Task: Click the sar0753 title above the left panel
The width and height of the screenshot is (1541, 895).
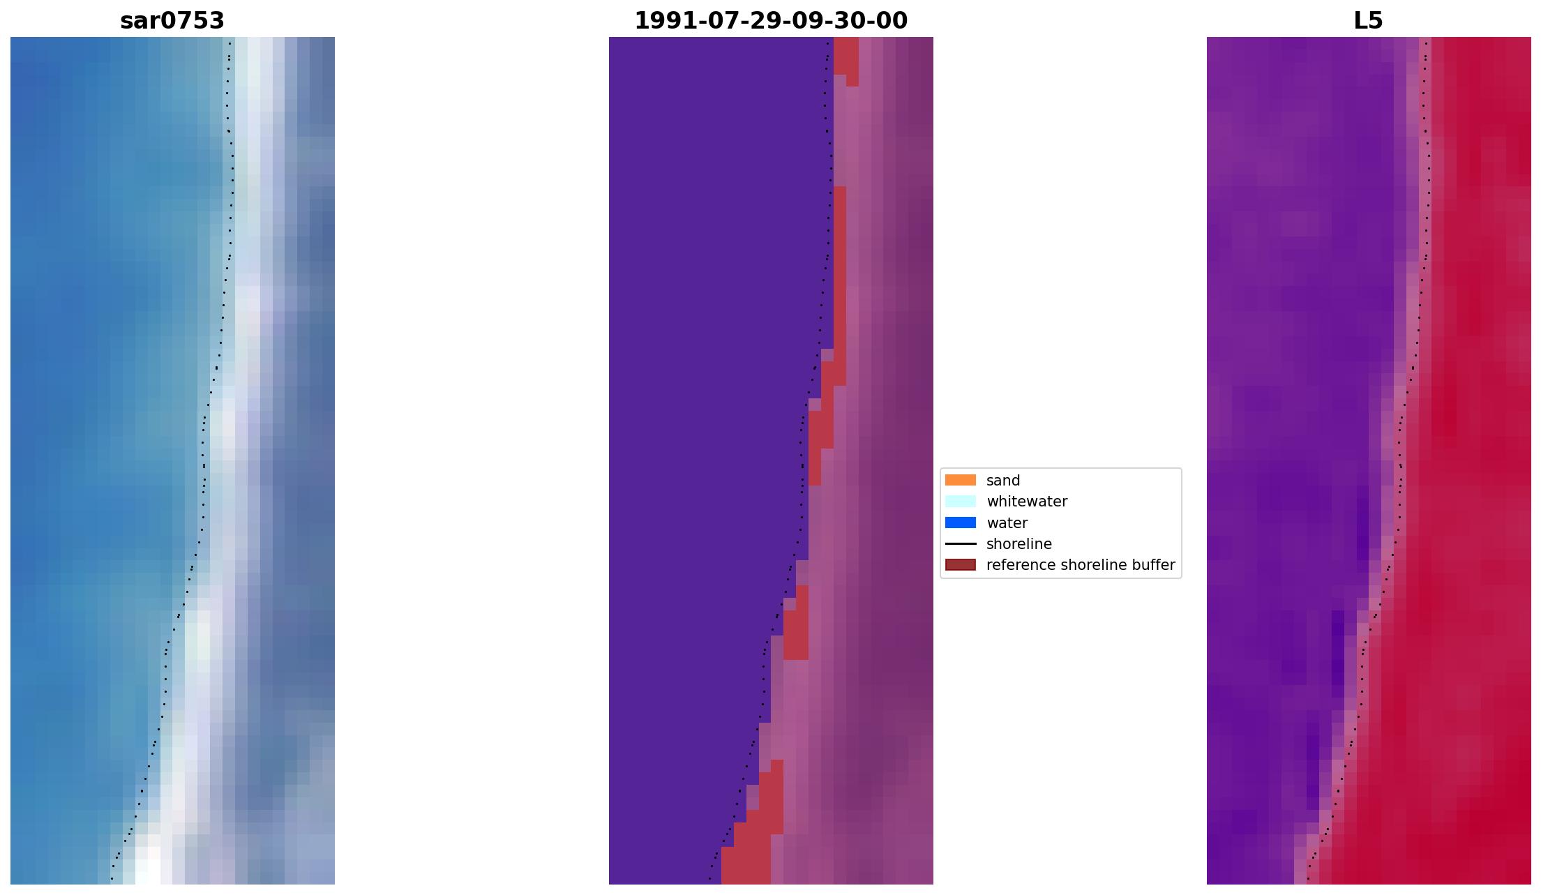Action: coord(172,21)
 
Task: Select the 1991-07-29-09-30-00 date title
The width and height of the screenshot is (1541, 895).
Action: coord(771,21)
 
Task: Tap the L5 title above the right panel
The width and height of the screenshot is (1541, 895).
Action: coord(1368,21)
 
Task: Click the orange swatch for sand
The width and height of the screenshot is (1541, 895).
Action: coord(960,480)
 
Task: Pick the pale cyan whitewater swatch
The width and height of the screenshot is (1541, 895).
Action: coord(960,501)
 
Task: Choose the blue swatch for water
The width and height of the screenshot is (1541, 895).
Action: coord(960,522)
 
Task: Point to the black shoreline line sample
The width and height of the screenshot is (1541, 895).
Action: coord(960,543)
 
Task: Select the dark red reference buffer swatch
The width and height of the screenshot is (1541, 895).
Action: coord(960,564)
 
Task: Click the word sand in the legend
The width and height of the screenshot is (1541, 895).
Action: coord(1003,481)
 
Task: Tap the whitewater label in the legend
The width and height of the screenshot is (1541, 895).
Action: coord(1027,502)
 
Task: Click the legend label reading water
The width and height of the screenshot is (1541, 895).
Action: coord(1007,523)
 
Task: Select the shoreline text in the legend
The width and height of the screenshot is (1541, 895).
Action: coord(1018,544)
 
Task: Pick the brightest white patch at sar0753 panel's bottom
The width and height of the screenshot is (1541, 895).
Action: coord(148,865)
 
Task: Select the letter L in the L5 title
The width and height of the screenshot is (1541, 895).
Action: coord(1360,21)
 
